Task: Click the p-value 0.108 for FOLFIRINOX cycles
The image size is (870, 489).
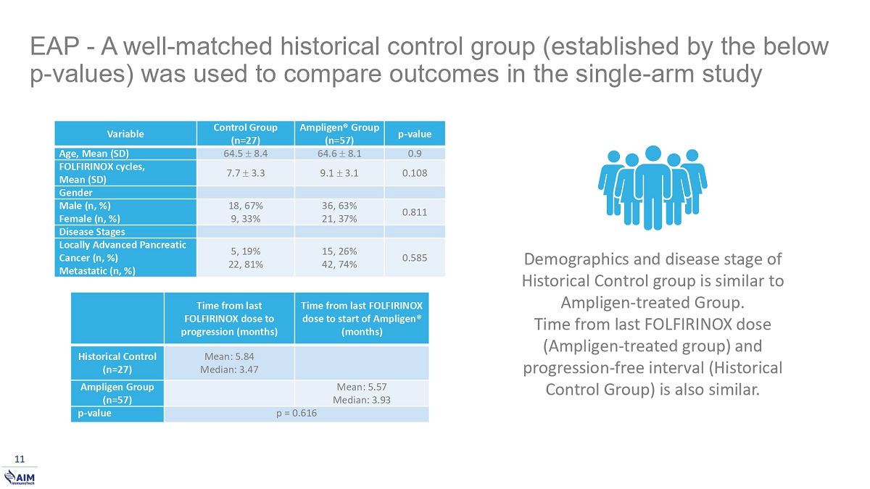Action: tap(415, 173)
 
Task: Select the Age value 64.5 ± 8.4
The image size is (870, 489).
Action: tap(246, 154)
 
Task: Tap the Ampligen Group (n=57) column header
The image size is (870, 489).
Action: tap(339, 133)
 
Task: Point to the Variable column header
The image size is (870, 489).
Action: tap(125, 134)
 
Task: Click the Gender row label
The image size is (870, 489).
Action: tap(75, 193)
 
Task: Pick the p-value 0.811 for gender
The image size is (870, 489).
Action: tap(415, 212)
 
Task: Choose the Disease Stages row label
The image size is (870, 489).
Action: tap(92, 232)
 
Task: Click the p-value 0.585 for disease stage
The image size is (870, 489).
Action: tap(415, 258)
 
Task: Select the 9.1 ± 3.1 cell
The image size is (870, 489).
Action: tap(339, 173)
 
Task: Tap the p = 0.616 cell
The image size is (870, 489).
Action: tap(297, 413)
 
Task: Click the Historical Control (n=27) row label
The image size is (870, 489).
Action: tap(117, 363)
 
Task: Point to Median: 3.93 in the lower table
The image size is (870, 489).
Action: tap(362, 400)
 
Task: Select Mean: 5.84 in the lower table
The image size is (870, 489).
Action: tap(229, 356)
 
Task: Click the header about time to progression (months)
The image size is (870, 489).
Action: tap(229, 319)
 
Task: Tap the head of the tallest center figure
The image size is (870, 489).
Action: tap(653, 154)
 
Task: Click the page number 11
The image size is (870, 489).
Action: tap(20, 459)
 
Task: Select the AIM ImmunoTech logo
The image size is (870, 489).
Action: tap(20, 477)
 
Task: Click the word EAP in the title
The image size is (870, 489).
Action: tap(55, 46)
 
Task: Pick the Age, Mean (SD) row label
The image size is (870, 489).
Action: tap(94, 154)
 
